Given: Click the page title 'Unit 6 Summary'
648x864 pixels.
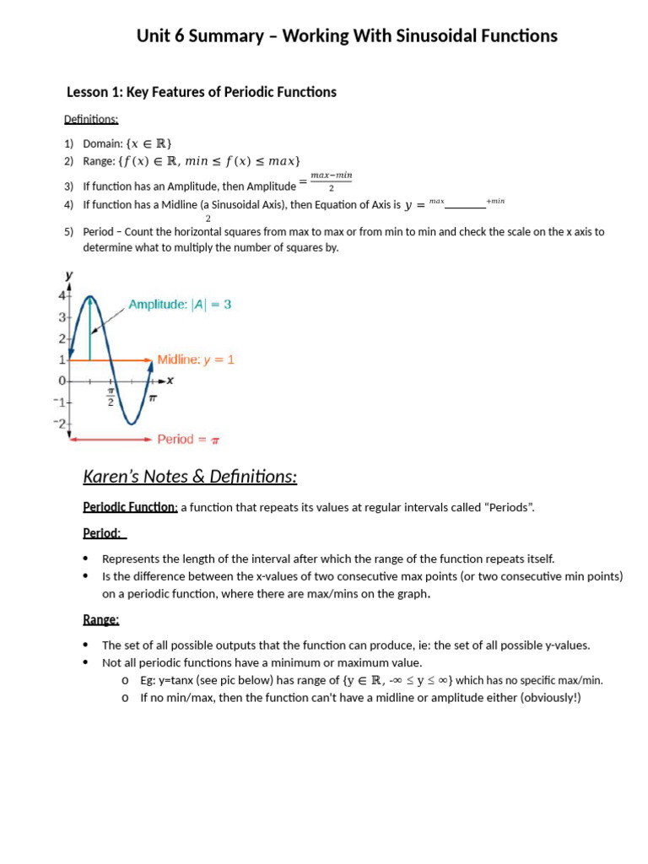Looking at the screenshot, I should (x=203, y=36).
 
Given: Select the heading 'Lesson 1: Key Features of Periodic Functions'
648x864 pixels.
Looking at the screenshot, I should (x=201, y=92).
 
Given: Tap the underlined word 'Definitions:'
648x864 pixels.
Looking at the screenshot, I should (x=91, y=120).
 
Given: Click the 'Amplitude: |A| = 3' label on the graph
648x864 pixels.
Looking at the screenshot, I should (x=179, y=305).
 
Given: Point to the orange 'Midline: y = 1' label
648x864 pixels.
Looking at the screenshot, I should (x=196, y=359).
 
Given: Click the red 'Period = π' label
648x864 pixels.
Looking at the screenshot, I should (x=188, y=439).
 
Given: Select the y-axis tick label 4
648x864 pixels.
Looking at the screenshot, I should (x=62, y=295).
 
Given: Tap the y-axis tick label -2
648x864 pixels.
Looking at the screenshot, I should (x=60, y=423).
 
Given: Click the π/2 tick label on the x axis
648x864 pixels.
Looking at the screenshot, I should (x=110, y=396).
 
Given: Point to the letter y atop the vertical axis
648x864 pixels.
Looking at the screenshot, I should (x=68, y=276).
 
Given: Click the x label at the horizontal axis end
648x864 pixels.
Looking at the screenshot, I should (x=170, y=381).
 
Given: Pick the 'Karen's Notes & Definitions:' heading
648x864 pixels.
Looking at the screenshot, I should (x=190, y=478).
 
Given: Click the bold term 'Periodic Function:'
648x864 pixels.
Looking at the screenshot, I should (x=130, y=507).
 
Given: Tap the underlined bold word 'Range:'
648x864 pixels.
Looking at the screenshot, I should (x=100, y=619).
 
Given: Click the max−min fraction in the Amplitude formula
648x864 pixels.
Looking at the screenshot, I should (x=331, y=181).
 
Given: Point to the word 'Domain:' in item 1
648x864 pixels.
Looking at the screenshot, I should (x=104, y=143).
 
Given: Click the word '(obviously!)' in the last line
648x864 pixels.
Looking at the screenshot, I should (x=552, y=698).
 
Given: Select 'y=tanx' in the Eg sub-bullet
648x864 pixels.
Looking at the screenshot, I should (x=177, y=680).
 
